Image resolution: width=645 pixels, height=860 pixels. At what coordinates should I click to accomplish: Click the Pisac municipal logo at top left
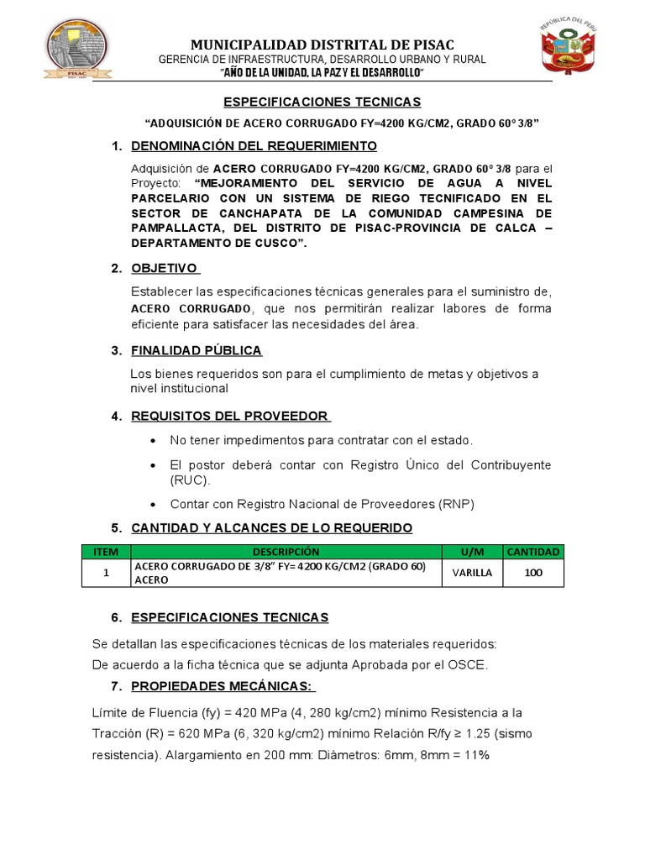(78, 52)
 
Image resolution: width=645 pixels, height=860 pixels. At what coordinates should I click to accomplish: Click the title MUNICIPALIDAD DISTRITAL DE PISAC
(322, 45)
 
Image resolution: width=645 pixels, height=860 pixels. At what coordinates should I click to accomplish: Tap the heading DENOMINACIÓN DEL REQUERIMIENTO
(243, 146)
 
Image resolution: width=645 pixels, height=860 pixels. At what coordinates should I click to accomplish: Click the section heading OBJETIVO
(165, 268)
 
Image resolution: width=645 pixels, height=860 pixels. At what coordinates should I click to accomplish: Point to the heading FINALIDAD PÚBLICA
(197, 350)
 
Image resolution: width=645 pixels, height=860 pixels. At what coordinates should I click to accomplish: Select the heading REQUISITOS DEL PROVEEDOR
(230, 416)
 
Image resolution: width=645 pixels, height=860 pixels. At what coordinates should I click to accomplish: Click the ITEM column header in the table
(107, 552)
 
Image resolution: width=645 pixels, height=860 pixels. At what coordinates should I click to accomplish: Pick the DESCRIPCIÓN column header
(286, 552)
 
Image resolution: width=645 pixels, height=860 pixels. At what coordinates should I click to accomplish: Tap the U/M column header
(473, 552)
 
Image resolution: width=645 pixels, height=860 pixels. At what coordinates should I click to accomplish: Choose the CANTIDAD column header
(533, 552)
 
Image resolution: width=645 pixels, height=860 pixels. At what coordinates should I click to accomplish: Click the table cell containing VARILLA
(473, 573)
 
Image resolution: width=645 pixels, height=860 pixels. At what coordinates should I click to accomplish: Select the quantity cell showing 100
(533, 573)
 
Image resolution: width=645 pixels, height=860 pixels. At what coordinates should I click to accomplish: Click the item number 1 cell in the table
(107, 573)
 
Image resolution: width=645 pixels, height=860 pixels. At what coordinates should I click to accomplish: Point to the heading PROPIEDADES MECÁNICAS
(223, 687)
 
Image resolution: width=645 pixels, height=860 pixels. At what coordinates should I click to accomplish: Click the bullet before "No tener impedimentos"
(152, 441)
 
